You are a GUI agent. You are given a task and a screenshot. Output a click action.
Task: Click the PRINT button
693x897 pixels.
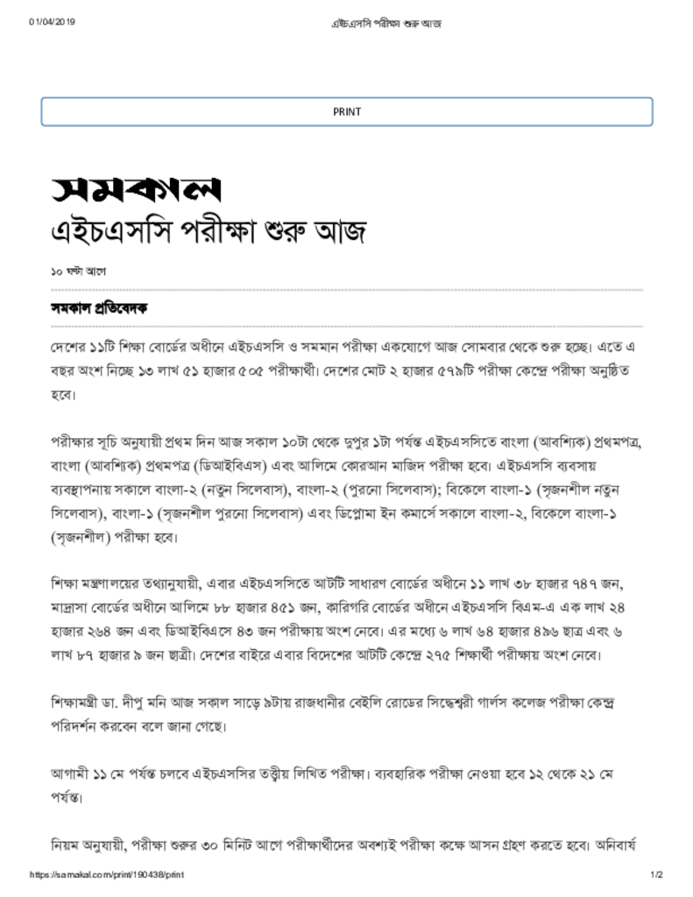click(x=347, y=111)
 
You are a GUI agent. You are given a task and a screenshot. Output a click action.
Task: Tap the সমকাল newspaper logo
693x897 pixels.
click(x=135, y=188)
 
